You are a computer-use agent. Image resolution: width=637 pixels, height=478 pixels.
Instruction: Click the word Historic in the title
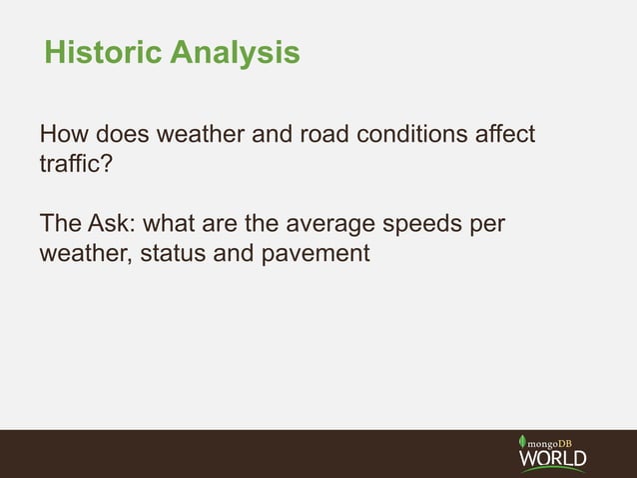(103, 52)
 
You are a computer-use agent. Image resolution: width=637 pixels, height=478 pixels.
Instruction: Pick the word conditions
(419, 134)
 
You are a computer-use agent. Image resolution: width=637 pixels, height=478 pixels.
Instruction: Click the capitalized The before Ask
(61, 223)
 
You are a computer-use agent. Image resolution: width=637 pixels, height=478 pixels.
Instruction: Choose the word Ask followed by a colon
(115, 223)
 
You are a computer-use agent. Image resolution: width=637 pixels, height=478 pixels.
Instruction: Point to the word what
(172, 223)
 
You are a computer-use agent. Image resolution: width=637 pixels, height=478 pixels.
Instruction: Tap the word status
(172, 254)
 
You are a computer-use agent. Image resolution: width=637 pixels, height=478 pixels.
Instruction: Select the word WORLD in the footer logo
(552, 459)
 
